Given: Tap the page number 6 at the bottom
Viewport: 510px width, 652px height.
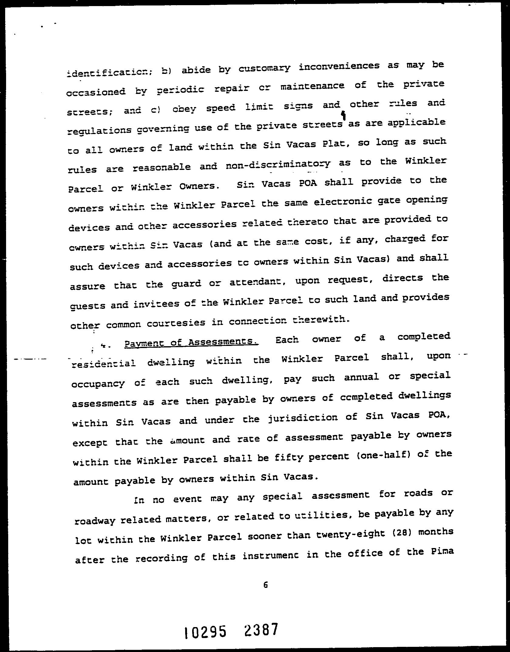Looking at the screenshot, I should point(266,585).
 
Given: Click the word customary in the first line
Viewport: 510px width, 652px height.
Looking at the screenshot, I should point(264,68).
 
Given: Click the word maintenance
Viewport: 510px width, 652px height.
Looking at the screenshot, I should point(312,86).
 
